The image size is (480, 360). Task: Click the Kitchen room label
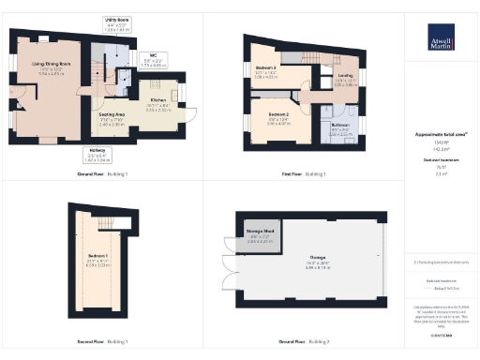click(157, 101)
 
